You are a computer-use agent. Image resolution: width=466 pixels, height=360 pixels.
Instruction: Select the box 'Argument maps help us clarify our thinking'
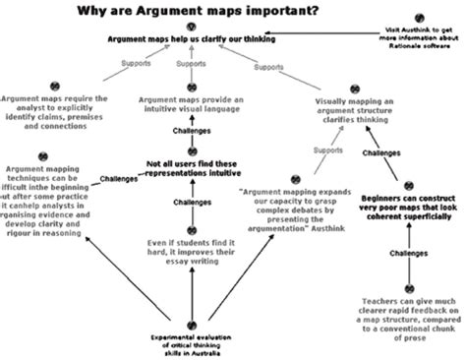pos(192,39)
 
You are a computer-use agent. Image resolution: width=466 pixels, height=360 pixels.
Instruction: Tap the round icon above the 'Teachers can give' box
pos(412,278)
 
